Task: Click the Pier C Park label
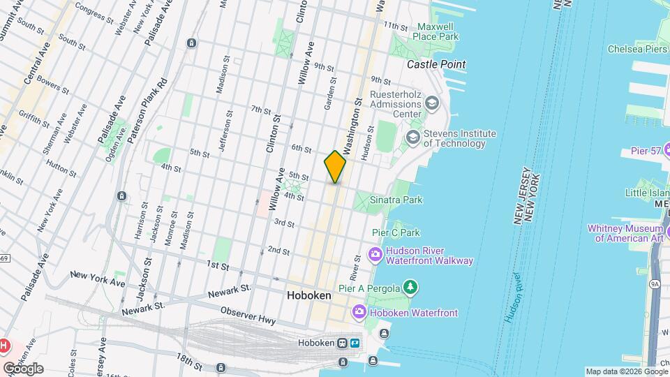point(396,232)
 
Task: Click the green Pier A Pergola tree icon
point(412,287)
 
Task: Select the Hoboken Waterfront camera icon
point(359,311)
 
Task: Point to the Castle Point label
point(436,64)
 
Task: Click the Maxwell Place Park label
point(435,31)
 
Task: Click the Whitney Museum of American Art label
point(628,233)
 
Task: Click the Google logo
point(23,368)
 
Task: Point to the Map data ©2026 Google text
point(625,371)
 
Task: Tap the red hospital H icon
point(4,346)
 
